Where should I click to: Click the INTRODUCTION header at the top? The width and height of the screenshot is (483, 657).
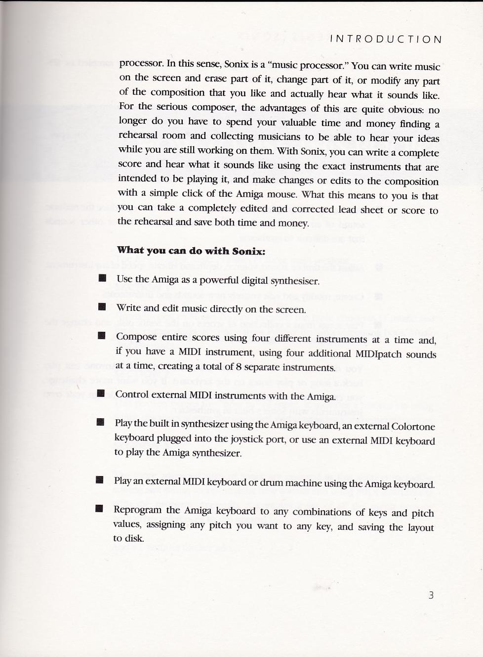click(386, 39)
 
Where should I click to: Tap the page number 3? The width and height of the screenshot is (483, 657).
click(431, 595)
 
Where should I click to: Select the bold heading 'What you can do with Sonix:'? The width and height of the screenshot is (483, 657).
click(191, 251)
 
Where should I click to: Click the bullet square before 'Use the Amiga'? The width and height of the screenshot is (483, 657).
click(102, 278)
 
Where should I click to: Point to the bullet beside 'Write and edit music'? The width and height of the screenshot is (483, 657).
click(102, 307)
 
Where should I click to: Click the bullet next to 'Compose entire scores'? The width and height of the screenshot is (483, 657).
click(102, 336)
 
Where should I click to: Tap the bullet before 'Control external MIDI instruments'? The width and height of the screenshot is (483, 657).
click(101, 394)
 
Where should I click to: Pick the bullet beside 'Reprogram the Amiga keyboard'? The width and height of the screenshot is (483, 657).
click(99, 509)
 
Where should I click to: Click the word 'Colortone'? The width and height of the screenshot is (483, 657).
click(413, 426)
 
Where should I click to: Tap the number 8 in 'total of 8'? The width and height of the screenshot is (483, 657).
click(239, 367)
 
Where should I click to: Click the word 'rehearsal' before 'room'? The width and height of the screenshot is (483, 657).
click(138, 135)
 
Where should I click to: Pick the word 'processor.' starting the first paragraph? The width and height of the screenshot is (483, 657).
click(141, 63)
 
